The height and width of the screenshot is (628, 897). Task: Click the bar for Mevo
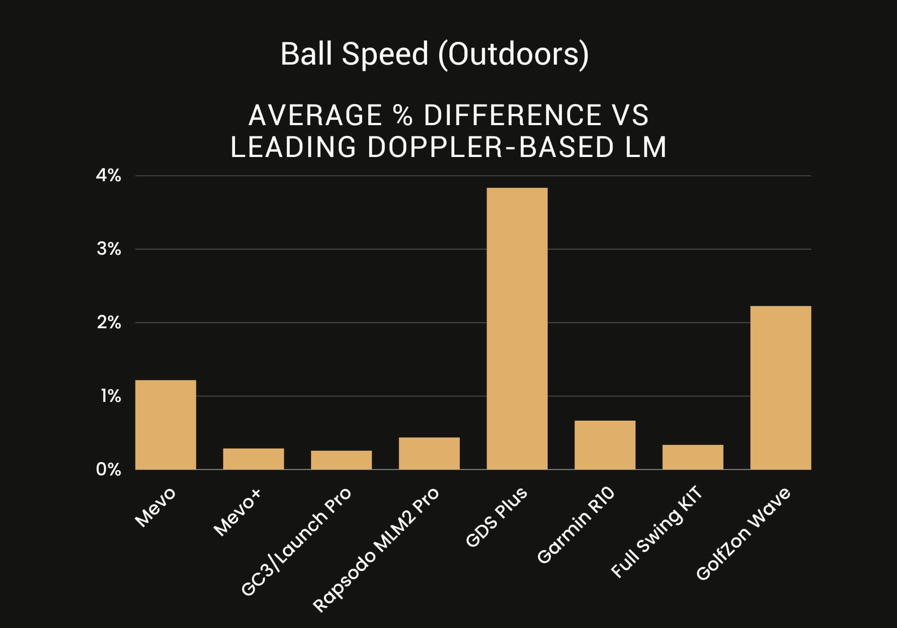coord(165,425)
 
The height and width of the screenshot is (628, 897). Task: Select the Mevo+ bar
coord(253,459)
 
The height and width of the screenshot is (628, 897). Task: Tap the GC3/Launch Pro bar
coord(341,460)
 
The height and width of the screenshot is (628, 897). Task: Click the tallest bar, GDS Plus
coord(517,329)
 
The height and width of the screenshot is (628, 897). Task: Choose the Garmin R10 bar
coord(605,445)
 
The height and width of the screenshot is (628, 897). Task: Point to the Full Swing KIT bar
coord(693,457)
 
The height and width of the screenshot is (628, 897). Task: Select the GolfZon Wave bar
coord(781,388)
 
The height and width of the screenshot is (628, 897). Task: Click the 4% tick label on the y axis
coord(109,176)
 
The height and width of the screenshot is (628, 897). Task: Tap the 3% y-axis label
coord(109,249)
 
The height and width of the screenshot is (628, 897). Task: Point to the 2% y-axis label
coord(109,323)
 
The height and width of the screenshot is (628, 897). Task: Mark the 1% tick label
coord(110,397)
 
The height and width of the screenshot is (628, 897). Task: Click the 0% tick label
coord(109,470)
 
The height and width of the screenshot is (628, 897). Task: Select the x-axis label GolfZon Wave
coord(743,534)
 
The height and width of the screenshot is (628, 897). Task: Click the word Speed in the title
coord(384,54)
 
